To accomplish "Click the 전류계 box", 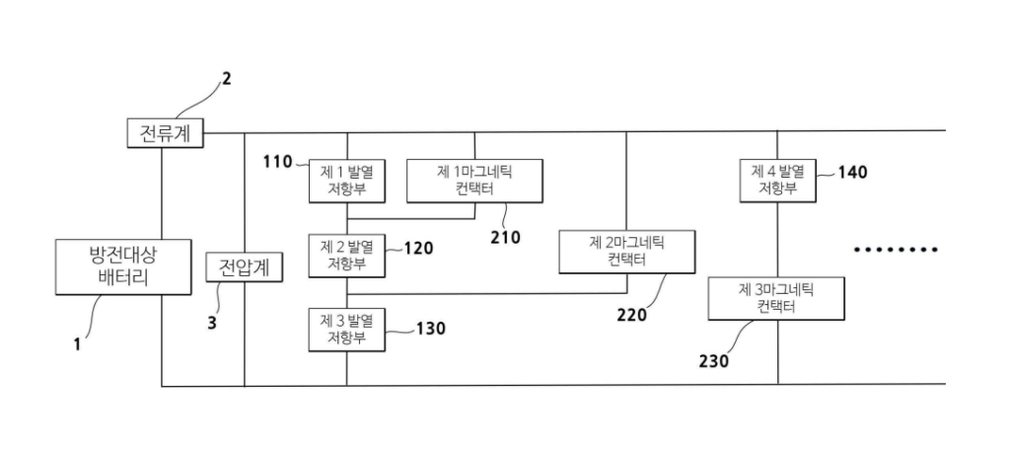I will pos(166,132).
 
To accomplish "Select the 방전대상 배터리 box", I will pos(123,265).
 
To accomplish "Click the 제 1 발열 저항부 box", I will pos(346,180).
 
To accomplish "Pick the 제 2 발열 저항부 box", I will pos(346,255).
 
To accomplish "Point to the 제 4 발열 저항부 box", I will pos(778,180).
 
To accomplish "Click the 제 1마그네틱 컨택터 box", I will pos(475,180).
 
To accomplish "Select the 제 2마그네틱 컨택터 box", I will pos(626,251).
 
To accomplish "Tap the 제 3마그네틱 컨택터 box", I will pos(777,297).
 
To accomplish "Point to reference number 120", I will pos(418,248).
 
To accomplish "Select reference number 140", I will pos(852,172).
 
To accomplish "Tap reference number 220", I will pos(632,315).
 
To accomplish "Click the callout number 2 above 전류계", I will pos(226,79).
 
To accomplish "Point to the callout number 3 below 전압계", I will pos(211,321).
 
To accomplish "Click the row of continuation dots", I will pos(896,249).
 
